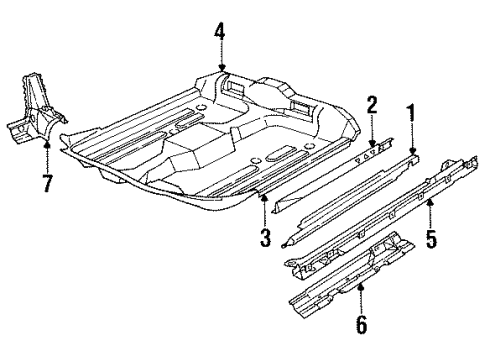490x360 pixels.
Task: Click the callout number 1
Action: tap(408, 114)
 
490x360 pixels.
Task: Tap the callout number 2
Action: tap(371, 105)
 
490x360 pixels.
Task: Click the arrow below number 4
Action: tap(219, 62)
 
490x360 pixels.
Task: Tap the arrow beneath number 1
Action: tap(409, 138)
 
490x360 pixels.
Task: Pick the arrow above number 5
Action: tap(431, 210)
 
